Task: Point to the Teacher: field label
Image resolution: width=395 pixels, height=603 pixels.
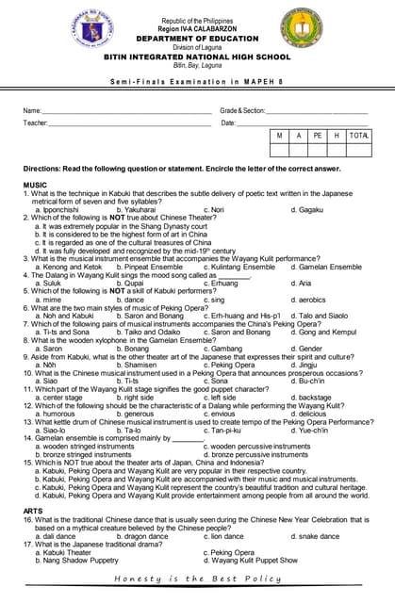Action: [35, 122]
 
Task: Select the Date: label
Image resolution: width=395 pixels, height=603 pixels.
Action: [228, 122]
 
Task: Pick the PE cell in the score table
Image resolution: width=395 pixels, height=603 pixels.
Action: [318, 137]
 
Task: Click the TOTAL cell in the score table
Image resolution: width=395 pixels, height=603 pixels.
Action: [358, 137]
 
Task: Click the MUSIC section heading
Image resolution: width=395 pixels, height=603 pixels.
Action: [35, 185]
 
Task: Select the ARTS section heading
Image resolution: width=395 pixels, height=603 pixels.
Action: [33, 511]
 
